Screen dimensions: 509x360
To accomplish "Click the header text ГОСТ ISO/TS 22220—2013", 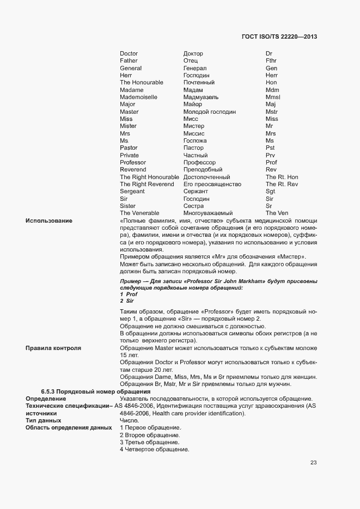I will tap(279, 37).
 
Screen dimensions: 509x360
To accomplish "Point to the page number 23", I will tap(313, 463).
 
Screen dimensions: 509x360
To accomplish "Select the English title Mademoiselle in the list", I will tap(138, 97).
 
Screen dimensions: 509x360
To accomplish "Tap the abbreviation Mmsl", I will tap(273, 97).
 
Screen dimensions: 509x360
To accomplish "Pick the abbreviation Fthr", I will tap(271, 61).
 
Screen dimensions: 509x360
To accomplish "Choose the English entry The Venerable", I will tap(139, 213).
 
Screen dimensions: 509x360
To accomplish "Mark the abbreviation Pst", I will tap(270, 148).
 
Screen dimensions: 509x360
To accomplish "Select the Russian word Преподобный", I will tap(203, 169).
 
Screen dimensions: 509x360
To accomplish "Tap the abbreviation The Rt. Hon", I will tap(282, 177).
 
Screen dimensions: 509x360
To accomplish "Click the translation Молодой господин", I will tap(210, 112).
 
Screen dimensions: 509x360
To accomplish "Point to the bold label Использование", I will tap(49, 220).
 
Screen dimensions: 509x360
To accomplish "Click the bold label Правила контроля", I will tap(53, 347).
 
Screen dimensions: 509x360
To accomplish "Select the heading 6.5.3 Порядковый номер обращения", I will tap(95, 392).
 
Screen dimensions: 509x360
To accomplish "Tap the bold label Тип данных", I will tap(43, 421).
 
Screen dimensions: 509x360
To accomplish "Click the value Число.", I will tap(129, 421).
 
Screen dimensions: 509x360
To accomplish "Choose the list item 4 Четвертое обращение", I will tap(154, 450).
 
